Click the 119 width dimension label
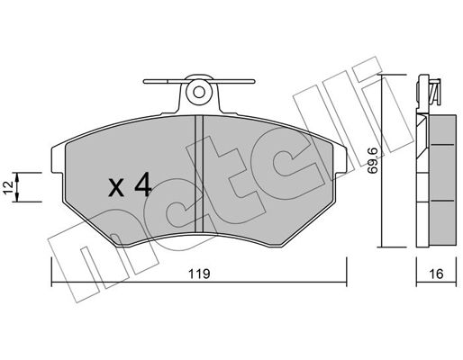coord(199,274)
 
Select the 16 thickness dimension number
coord(436,274)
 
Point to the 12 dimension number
coord(9,187)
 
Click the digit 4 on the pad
coord(143,185)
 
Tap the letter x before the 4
coord(116,188)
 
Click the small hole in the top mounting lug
coord(199,92)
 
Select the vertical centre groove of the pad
coord(199,174)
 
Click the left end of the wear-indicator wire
coord(145,81)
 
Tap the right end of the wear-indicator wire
coord(253,81)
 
